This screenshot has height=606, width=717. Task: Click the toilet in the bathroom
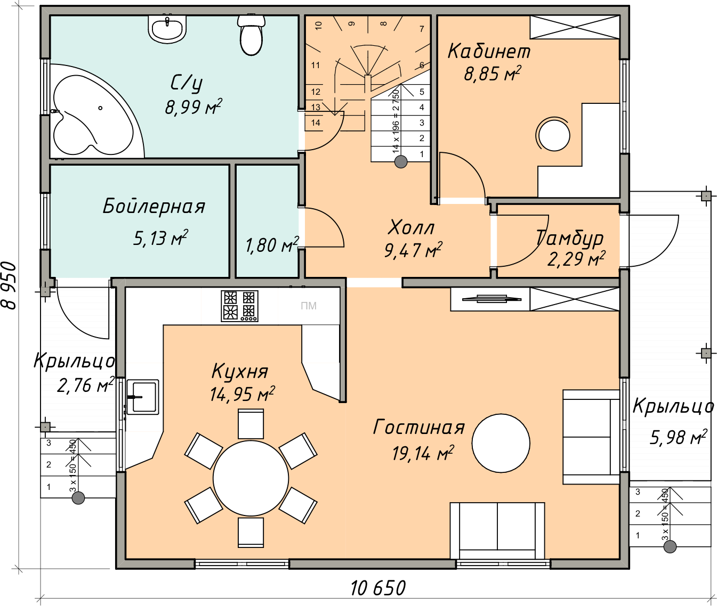tap(251, 35)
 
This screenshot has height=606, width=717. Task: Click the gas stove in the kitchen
tap(239, 306)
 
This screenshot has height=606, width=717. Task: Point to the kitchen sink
tap(142, 397)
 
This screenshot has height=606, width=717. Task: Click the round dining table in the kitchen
tap(251, 478)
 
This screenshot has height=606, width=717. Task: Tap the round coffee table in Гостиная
tap(501, 443)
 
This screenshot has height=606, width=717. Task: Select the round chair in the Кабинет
tap(553, 134)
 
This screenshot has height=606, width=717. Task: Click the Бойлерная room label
tap(154, 206)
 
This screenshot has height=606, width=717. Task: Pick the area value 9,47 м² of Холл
tap(413, 250)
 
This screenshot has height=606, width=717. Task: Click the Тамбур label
tap(569, 239)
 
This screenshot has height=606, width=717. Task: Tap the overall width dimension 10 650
tap(377, 588)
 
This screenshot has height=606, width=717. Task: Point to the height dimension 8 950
tap(9, 285)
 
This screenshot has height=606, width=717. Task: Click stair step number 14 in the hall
tap(315, 122)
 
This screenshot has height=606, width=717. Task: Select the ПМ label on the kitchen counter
tap(308, 306)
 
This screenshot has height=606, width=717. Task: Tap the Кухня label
tap(240, 372)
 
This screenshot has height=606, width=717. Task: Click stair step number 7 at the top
tap(422, 29)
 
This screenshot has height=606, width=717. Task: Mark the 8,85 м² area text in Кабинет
tap(493, 73)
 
